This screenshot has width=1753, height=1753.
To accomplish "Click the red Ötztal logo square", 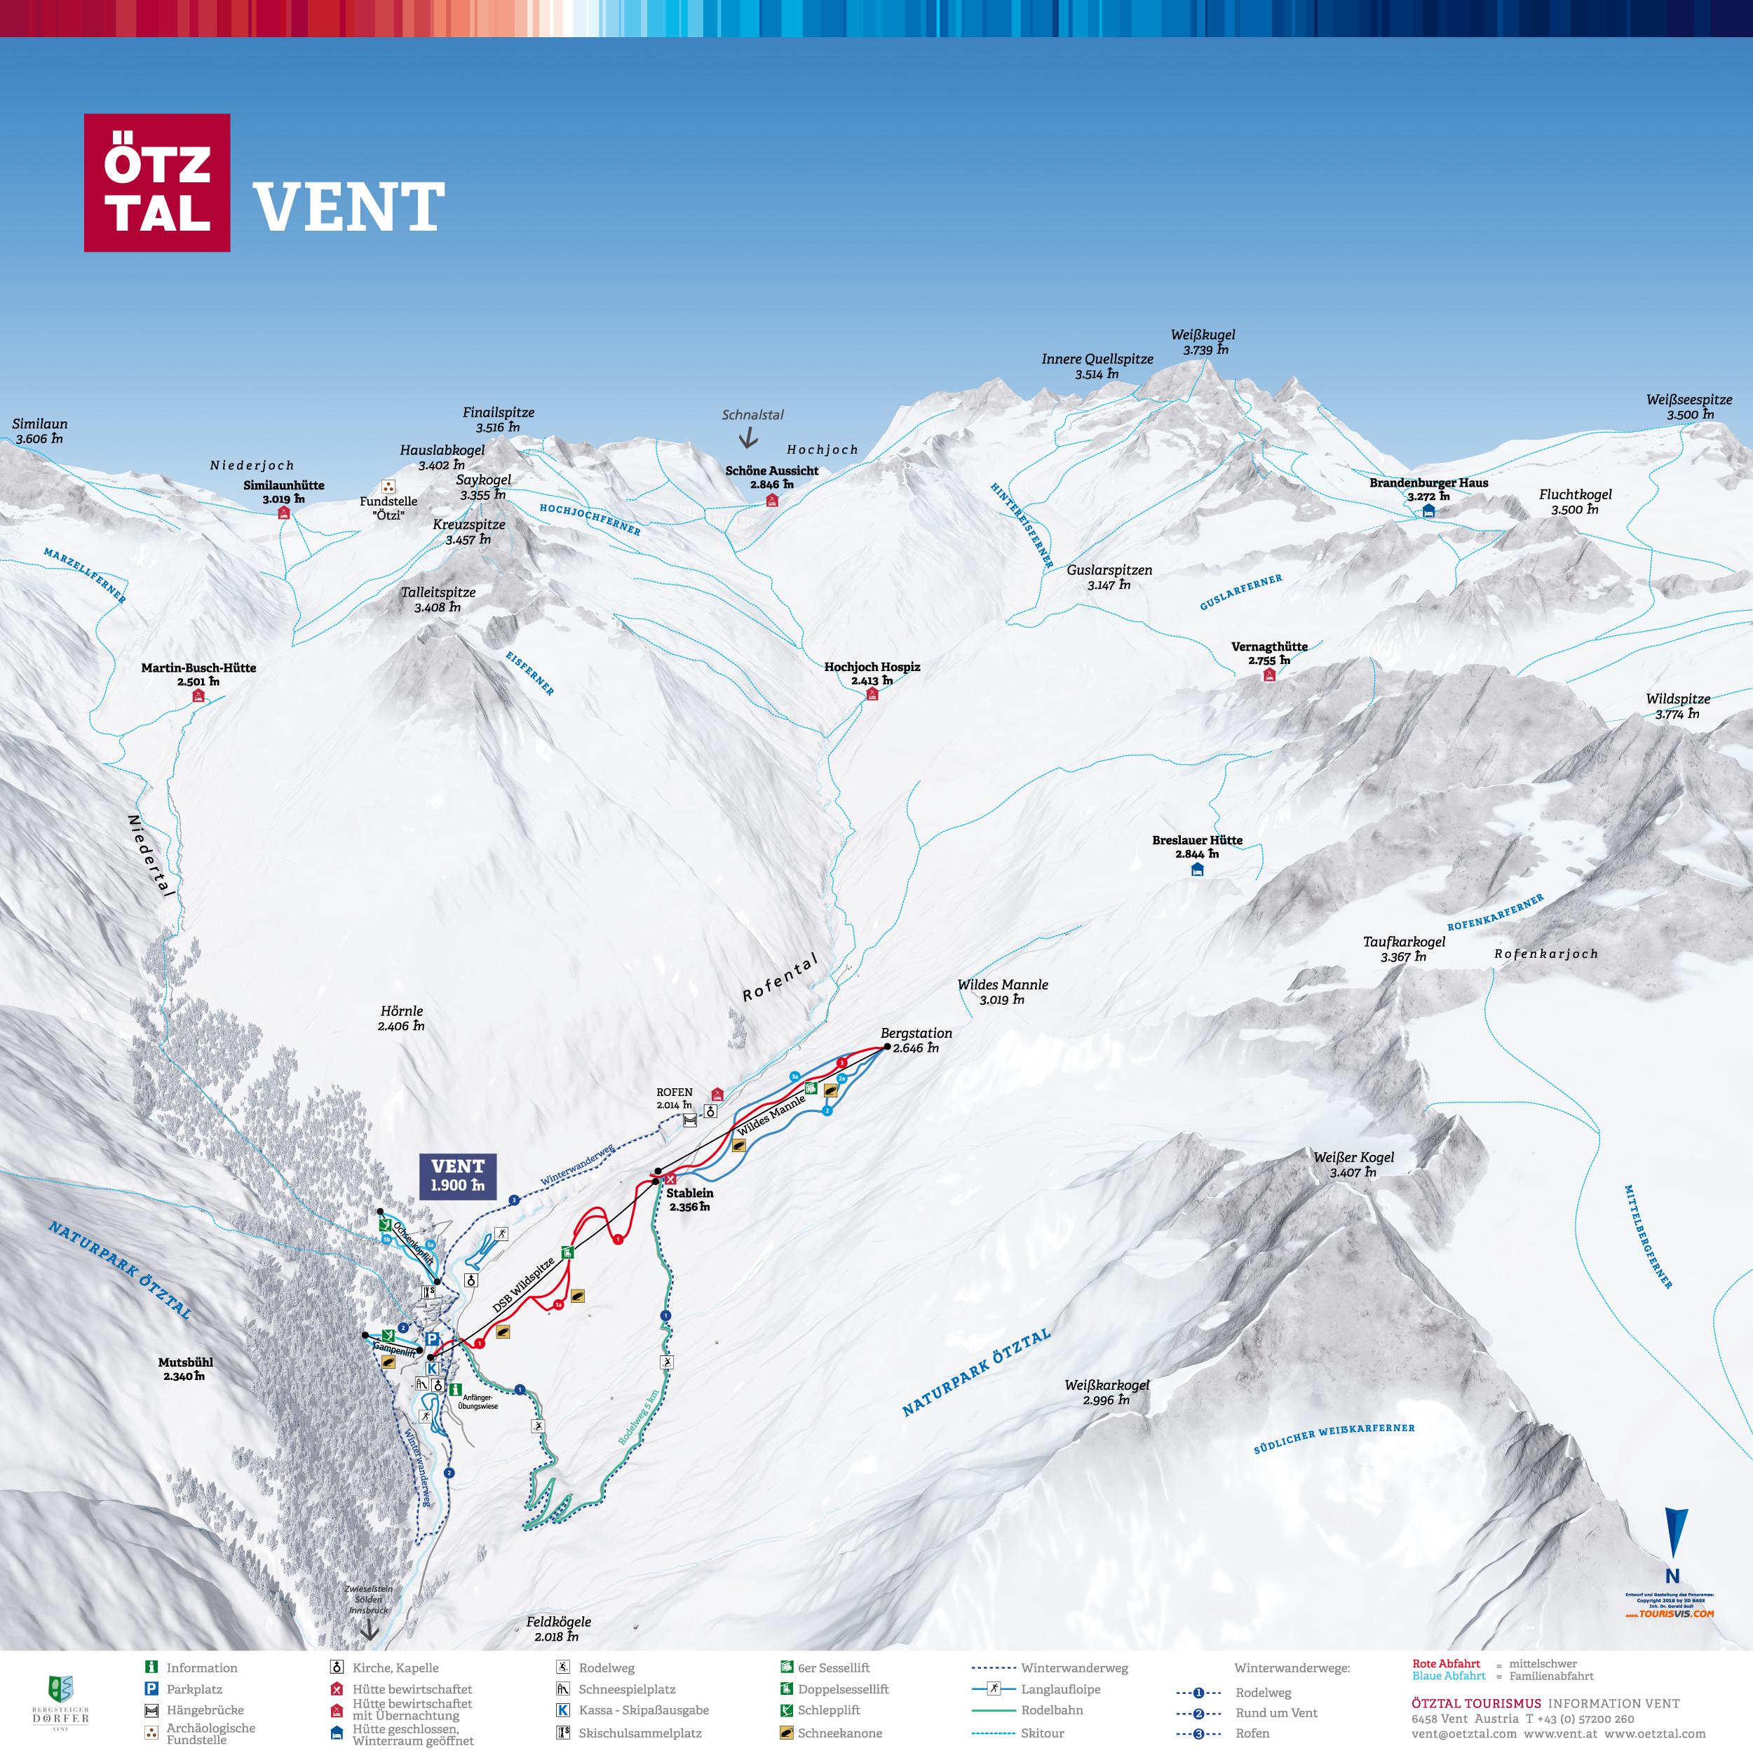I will tap(157, 182).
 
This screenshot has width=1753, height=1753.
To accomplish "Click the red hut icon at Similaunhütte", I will tap(283, 513).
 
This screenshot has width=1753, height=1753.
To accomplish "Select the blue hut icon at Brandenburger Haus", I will tap(1429, 512).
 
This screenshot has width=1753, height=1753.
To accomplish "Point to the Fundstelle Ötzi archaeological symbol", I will tap(388, 487).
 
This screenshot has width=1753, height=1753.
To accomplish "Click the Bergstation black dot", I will tap(886, 1046).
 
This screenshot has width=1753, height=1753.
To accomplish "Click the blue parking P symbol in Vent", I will tap(433, 1339).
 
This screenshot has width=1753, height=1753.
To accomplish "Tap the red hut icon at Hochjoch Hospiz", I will tap(873, 695).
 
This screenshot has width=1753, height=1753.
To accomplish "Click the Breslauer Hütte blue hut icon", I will tap(1197, 870).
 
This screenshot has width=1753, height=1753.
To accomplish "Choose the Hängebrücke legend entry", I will tap(204, 1710).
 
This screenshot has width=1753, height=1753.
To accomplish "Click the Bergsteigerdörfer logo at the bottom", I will tap(62, 1706).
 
